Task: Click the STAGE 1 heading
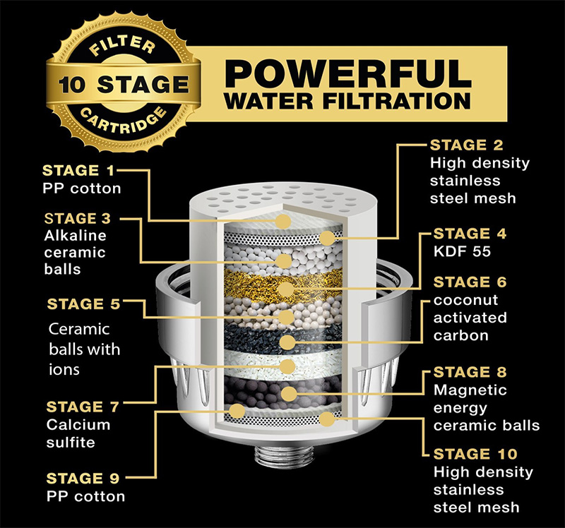click(78, 170)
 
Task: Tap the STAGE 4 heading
click(470, 234)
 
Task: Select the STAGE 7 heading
click(83, 407)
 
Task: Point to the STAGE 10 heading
click(475, 454)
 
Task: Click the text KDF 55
click(462, 251)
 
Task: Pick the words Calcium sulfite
click(78, 433)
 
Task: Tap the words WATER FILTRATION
click(347, 101)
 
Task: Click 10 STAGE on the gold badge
click(124, 84)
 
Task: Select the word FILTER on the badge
click(122, 45)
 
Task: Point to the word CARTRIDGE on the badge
click(123, 120)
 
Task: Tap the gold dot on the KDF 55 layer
click(285, 289)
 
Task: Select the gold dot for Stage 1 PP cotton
click(284, 221)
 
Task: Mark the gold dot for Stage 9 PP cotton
click(237, 411)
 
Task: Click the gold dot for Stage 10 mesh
click(327, 419)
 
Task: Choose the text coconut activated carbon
click(470, 318)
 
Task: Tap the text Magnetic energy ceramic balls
click(487, 408)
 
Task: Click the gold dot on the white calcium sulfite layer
click(287, 366)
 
